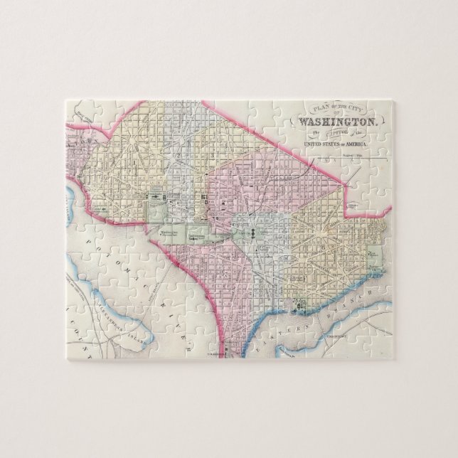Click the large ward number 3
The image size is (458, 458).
[213, 154]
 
